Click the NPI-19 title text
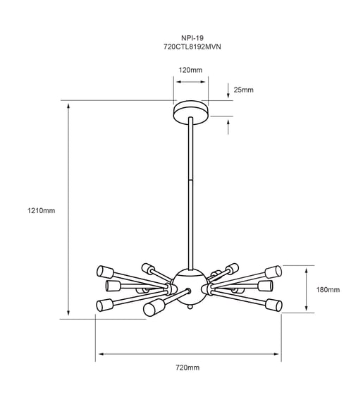coord(192,38)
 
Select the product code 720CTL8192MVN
coord(192,47)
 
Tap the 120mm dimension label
coord(190,70)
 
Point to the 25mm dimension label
coord(244,90)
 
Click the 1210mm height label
coord(42,210)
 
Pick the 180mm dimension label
coord(328,290)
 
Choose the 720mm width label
coord(187,368)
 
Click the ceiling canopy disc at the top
coord(191,112)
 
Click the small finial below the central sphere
coord(190,306)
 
